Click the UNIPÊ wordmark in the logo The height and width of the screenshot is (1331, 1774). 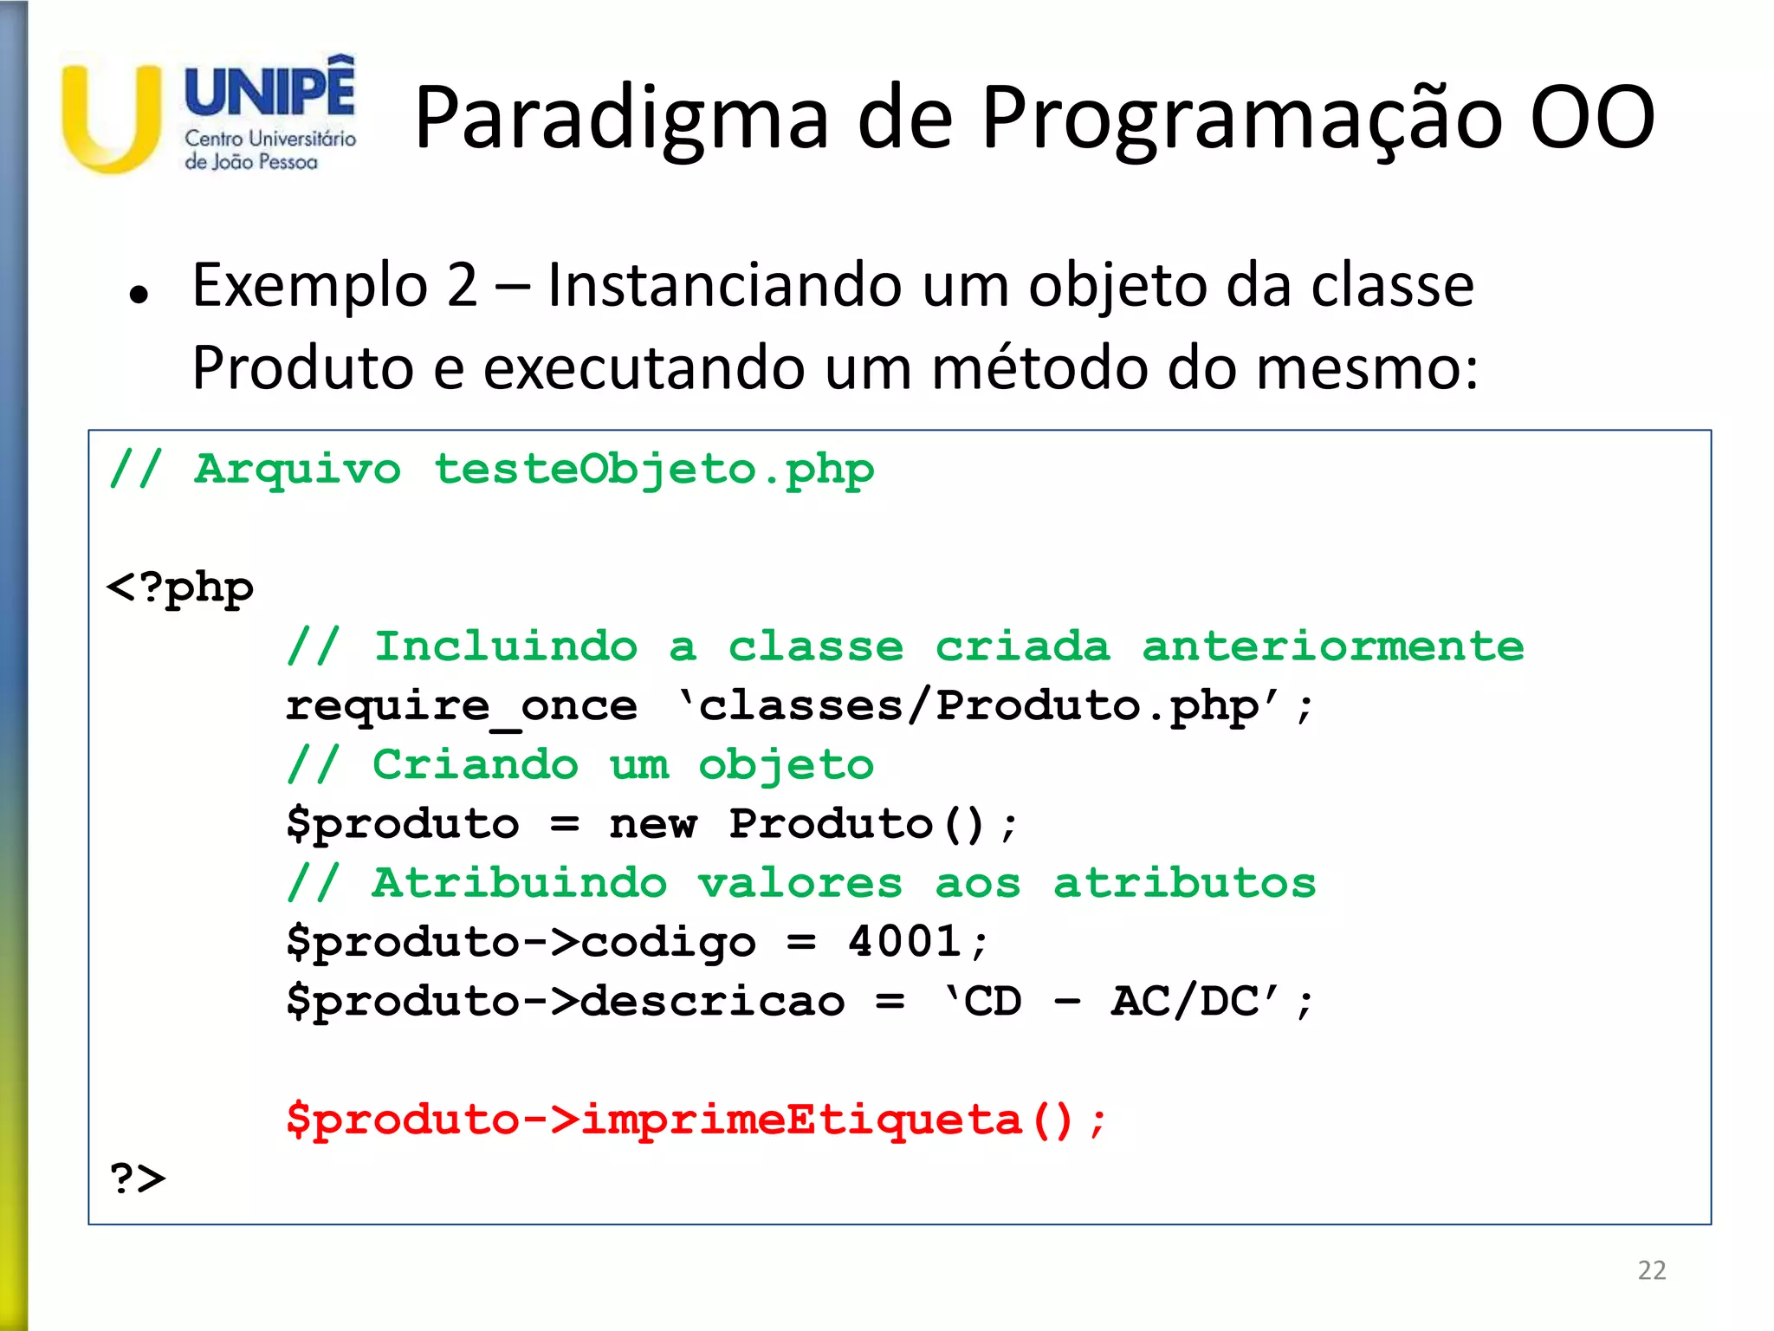(x=269, y=90)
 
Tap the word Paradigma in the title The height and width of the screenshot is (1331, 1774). (x=620, y=119)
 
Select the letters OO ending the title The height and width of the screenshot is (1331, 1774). (x=1592, y=119)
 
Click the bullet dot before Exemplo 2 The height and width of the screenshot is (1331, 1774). (x=139, y=295)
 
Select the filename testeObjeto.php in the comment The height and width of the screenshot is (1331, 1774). (x=654, y=471)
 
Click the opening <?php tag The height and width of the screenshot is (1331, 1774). (x=180, y=588)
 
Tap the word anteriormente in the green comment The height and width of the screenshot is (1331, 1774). (x=1332, y=647)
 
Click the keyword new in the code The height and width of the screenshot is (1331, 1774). (x=652, y=824)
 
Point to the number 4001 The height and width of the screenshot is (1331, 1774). (x=904, y=942)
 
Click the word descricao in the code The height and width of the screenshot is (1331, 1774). (x=712, y=1002)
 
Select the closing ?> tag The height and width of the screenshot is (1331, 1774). (x=138, y=1179)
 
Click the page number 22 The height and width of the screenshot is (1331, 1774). (x=1651, y=1270)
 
